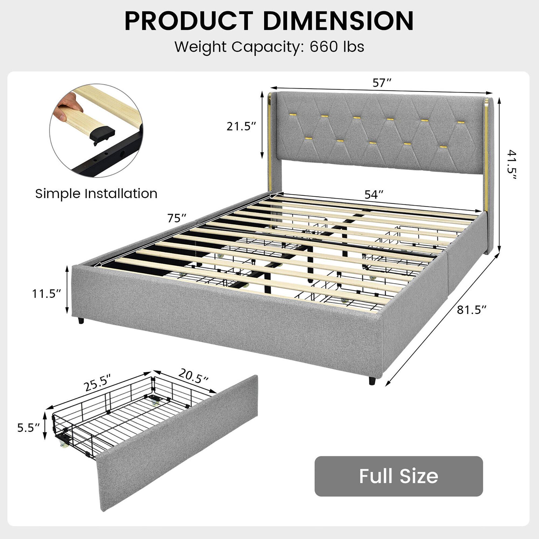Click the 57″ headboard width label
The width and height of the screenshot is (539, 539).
[x=382, y=83]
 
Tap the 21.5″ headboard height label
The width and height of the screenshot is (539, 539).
[x=241, y=126]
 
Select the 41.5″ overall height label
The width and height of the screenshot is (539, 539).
[x=511, y=164]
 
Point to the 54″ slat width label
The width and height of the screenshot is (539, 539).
[x=374, y=195]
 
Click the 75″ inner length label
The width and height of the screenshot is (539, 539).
[x=177, y=218]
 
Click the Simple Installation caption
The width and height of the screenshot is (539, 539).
[x=96, y=194]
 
